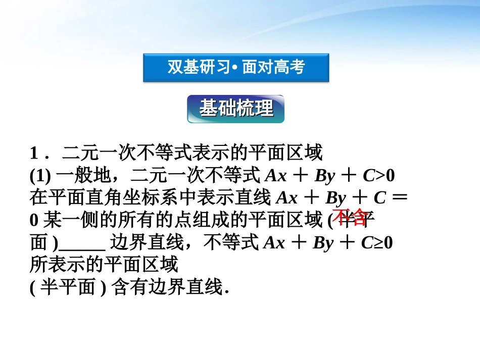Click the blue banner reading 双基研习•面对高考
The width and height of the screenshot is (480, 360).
pyautogui.click(x=236, y=68)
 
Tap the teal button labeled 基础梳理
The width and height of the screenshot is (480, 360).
pyautogui.click(x=236, y=109)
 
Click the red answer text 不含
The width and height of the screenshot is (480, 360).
pyautogui.click(x=349, y=217)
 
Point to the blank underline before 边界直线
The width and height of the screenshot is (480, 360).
pyautogui.click(x=82, y=244)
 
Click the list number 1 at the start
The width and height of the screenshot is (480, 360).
pyautogui.click(x=34, y=153)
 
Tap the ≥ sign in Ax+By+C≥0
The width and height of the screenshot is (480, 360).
pyautogui.click(x=378, y=243)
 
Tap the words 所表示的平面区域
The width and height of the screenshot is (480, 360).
pyautogui.click(x=104, y=266)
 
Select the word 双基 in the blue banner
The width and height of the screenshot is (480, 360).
pyautogui.click(x=180, y=68)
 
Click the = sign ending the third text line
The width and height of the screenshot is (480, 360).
pyautogui.click(x=399, y=198)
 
